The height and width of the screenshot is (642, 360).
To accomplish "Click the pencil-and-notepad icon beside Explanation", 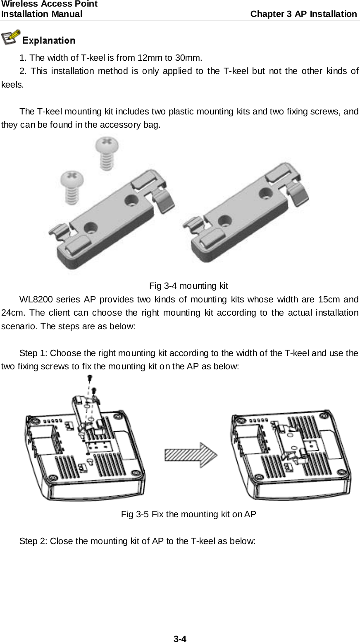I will [x=11, y=38].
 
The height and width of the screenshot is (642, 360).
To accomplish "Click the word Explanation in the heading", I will [x=48, y=40].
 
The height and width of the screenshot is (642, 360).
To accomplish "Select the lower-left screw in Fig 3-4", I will [x=72, y=184].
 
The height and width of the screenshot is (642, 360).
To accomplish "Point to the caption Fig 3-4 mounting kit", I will [x=188, y=285].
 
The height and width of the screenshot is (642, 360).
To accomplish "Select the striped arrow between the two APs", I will [x=191, y=454].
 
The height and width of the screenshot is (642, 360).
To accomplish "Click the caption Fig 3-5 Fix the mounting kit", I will [x=188, y=514].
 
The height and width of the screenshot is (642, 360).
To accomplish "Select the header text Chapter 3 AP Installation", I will [x=304, y=14].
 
